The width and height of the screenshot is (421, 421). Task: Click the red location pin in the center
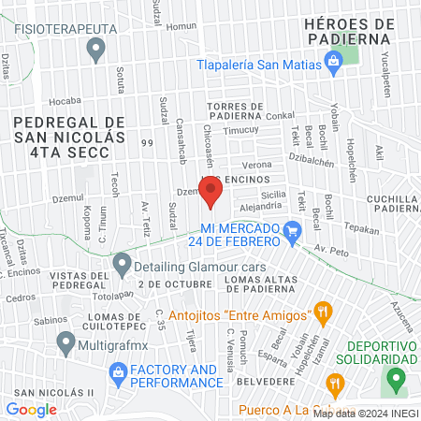(210, 192)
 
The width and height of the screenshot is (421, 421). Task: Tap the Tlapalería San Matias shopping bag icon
(331, 63)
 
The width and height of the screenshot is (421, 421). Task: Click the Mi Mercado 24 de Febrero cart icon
(293, 229)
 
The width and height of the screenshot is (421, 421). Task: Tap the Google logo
(31, 409)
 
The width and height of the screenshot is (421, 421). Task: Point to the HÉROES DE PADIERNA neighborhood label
(353, 30)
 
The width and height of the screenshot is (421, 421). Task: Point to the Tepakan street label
(361, 228)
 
